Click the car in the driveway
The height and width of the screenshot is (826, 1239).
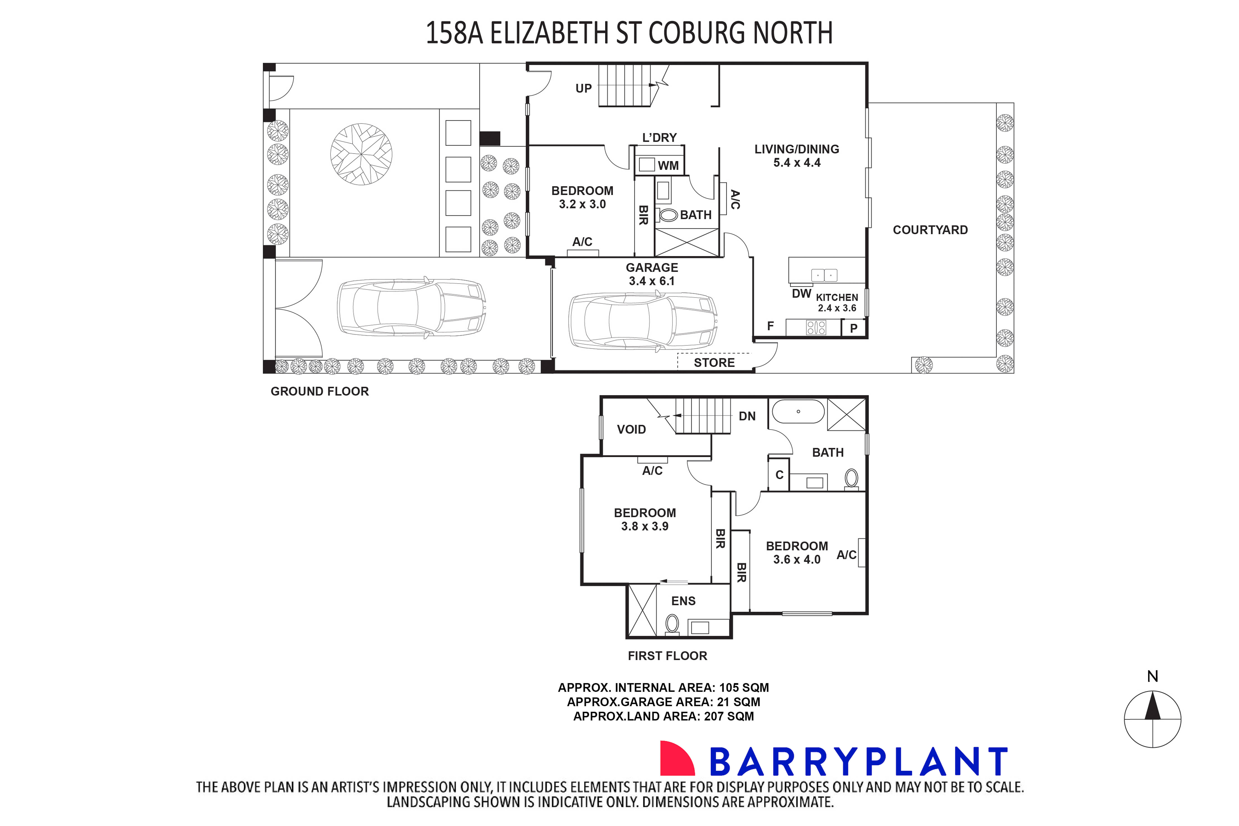coord(411,307)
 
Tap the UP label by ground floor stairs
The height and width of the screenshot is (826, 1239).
coord(583,88)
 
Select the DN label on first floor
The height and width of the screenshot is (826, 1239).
coord(747,416)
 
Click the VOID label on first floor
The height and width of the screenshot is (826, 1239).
coord(631,429)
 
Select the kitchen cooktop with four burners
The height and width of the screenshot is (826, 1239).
coord(816,328)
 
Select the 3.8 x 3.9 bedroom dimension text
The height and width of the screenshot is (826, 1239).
coord(645,526)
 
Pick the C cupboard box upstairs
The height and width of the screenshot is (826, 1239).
coord(779,475)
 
